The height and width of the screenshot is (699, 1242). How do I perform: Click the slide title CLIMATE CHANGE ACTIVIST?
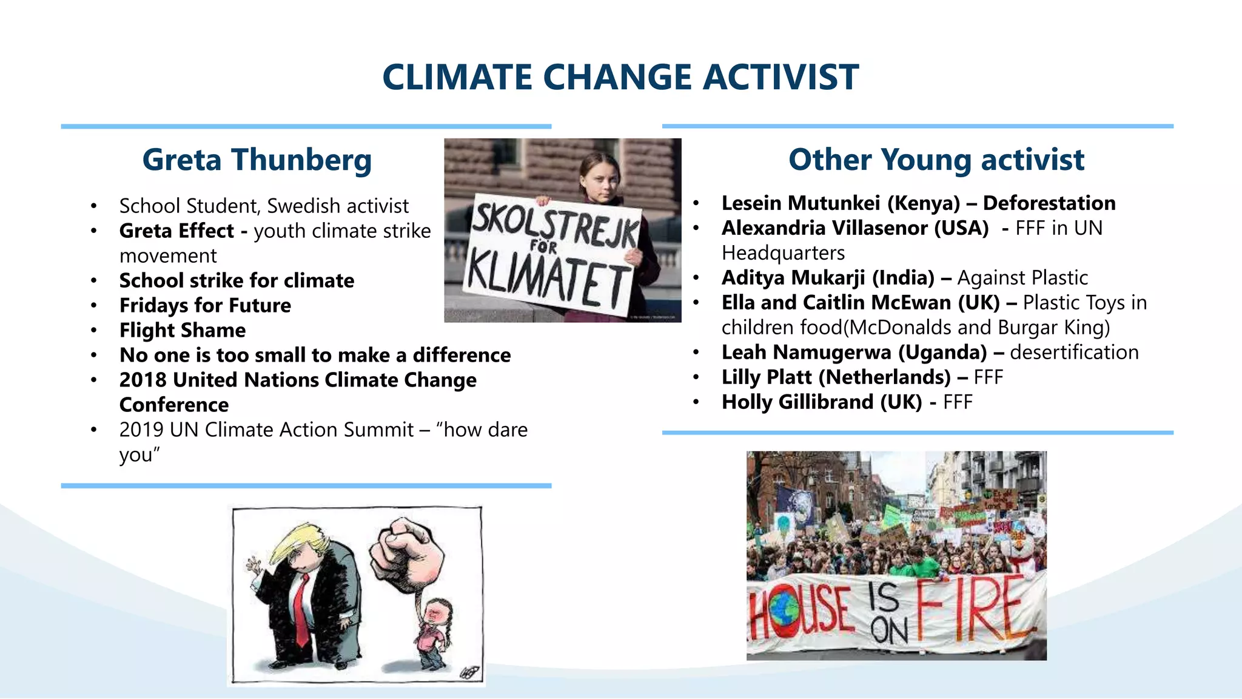tap(620, 77)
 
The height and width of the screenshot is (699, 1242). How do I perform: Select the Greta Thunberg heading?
tap(257, 160)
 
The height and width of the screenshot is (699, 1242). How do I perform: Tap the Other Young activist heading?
tap(936, 160)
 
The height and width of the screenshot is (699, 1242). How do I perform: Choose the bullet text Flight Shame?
tap(183, 330)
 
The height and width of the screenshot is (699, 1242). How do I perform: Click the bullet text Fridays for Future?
tap(205, 305)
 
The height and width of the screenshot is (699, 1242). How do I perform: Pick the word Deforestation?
tap(1049, 203)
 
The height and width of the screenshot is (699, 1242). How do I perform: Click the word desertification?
tap(1074, 353)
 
